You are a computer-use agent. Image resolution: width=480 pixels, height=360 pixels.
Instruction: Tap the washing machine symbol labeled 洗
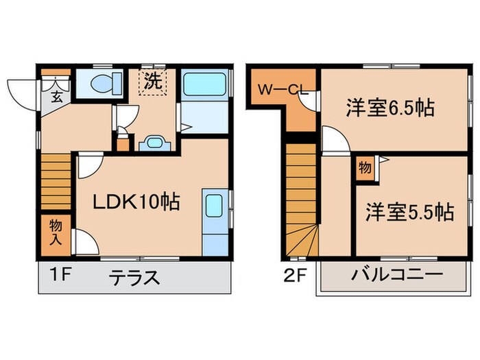coord(152,82)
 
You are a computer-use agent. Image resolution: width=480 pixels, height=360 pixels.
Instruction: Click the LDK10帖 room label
coord(136,202)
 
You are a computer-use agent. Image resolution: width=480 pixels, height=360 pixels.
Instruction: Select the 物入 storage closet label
coord(54,232)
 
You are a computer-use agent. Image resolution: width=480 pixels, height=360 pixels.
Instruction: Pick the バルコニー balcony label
coord(387,277)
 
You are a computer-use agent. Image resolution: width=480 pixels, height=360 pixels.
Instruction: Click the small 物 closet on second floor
coord(364,168)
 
